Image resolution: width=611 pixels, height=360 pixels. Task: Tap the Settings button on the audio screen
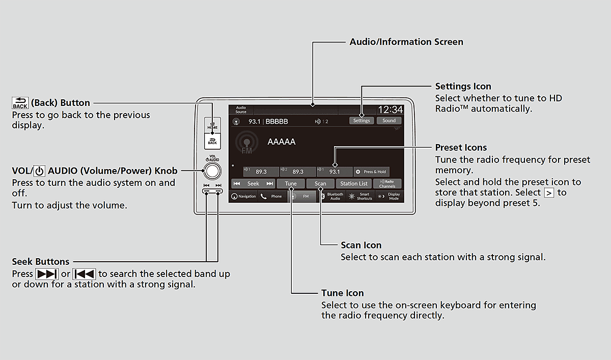362,121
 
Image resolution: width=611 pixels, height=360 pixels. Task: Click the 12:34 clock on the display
390,109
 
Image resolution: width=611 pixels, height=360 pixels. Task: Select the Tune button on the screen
291,184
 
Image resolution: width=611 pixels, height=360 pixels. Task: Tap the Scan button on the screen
320,184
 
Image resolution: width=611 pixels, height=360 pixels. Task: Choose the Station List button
353,184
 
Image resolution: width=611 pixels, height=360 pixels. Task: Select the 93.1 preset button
334,172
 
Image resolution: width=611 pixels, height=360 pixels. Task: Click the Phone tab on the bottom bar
272,197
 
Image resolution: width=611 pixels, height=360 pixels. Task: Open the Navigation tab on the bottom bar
243,197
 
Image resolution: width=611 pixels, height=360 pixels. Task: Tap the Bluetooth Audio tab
332,197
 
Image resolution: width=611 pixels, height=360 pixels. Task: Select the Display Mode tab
390,197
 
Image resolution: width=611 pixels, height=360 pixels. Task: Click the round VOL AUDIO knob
213,171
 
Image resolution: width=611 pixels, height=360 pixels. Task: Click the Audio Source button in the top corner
241,110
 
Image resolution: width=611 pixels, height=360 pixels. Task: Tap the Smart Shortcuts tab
360,197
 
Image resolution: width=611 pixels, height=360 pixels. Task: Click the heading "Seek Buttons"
41,262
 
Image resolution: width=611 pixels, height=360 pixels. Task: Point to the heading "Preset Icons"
461,148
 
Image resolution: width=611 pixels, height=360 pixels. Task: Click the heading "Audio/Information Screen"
406,42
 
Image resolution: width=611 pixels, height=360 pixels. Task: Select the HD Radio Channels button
387,184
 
